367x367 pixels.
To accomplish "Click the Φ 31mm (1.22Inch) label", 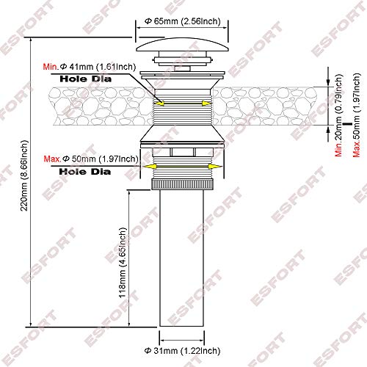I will click(181, 350).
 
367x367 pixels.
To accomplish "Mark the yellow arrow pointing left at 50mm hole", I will click(151, 168).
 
